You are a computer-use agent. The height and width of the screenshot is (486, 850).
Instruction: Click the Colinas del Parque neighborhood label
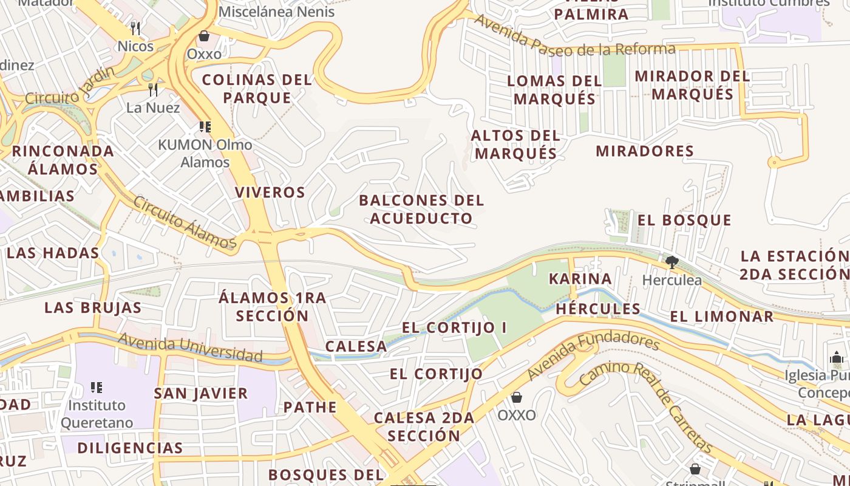point(257,89)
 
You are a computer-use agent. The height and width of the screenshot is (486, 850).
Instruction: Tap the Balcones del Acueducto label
point(421,209)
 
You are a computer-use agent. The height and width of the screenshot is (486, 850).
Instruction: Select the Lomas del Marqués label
point(554,89)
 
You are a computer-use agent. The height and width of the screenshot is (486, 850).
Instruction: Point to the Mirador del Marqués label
point(692,86)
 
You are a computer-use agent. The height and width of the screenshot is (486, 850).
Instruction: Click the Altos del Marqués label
point(515,144)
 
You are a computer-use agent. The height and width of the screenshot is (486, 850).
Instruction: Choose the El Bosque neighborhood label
point(684,220)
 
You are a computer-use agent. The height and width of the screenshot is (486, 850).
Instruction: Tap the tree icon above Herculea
point(671,262)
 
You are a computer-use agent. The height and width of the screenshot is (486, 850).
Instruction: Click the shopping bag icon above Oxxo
point(204,36)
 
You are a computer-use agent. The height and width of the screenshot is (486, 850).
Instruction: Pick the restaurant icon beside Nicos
point(135,28)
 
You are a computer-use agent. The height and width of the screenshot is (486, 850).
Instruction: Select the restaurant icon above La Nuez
point(153,90)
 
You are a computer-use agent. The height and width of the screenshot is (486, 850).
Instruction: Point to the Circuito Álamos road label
point(184,222)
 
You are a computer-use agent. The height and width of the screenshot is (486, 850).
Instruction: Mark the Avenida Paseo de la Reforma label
point(574,41)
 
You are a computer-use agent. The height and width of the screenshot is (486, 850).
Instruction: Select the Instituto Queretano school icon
point(95,387)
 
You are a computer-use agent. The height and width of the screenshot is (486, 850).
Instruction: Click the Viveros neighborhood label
point(270,193)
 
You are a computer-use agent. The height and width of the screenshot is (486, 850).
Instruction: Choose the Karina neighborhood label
point(580,279)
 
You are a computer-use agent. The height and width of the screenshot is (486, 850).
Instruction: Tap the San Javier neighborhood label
point(200,393)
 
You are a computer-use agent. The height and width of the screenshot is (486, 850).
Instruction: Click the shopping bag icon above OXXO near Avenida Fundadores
point(516,397)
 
